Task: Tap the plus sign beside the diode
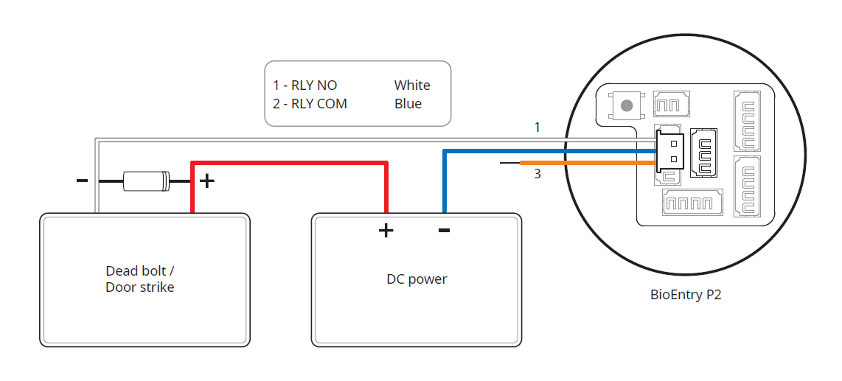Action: coord(208,180)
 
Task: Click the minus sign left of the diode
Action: coord(82,179)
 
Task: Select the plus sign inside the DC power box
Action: coord(386,231)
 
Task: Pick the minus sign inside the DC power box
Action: coord(444,230)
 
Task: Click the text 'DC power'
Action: coord(417,279)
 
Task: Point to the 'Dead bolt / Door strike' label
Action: coord(140,279)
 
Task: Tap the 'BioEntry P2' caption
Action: coord(686,295)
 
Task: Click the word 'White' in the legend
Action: coord(412,85)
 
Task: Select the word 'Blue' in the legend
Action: coord(408,104)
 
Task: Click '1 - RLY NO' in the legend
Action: coord(305,85)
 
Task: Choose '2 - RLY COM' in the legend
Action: coord(310,104)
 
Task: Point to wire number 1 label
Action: coord(537,127)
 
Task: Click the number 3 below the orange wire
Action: coord(537,174)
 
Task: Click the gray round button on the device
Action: coord(627,105)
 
